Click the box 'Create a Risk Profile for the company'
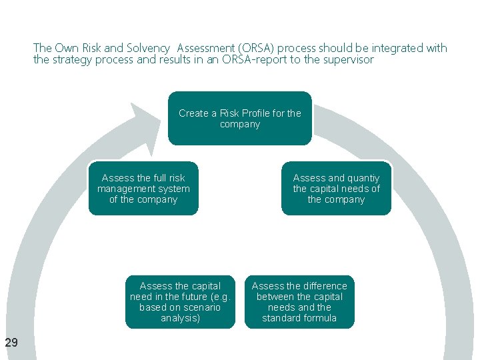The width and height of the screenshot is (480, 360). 239,119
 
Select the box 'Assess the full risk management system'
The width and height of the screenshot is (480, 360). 143,189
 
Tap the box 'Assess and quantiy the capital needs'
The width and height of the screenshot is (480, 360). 336,189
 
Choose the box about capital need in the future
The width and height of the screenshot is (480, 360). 180,302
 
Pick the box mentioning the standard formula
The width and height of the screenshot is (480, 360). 299,302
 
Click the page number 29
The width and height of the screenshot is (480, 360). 11,343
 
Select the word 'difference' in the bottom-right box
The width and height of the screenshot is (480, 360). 326,286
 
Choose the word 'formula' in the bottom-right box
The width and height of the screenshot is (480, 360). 319,318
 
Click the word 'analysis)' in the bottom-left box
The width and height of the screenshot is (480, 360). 180,318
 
